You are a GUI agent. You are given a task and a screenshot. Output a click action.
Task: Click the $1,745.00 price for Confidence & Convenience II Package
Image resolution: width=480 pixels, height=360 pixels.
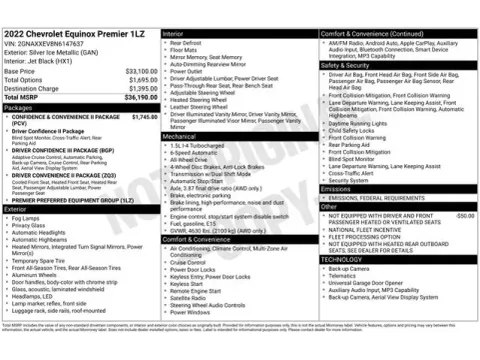click(144, 117)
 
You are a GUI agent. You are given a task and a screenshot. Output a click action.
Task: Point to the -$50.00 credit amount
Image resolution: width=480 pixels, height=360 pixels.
click(464, 215)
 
